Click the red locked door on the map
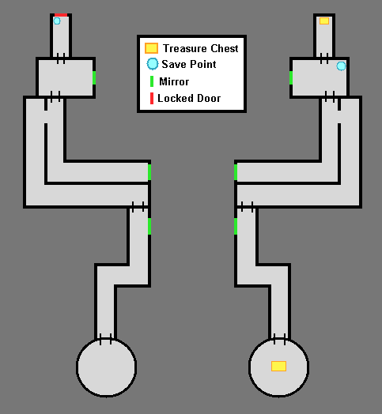coord(61,15)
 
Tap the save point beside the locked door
coord(57,21)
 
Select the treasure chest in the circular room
coord(278,367)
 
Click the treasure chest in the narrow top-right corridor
coord(324,21)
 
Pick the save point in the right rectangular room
coord(341,66)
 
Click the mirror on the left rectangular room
coord(94,77)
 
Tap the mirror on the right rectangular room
coord(291,77)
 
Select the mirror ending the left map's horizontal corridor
coord(149,172)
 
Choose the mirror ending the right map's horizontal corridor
coord(236,172)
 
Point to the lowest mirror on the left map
coord(149,226)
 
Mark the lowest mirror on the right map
coord(236,226)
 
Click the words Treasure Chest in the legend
coord(200,48)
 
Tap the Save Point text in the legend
coord(189,64)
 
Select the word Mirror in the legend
coord(174,81)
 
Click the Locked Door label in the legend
coord(189,98)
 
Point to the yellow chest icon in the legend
coord(152,48)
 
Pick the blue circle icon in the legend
coord(153,64)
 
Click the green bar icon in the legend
coord(152,81)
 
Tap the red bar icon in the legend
coord(152,98)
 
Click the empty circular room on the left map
coord(107,367)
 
